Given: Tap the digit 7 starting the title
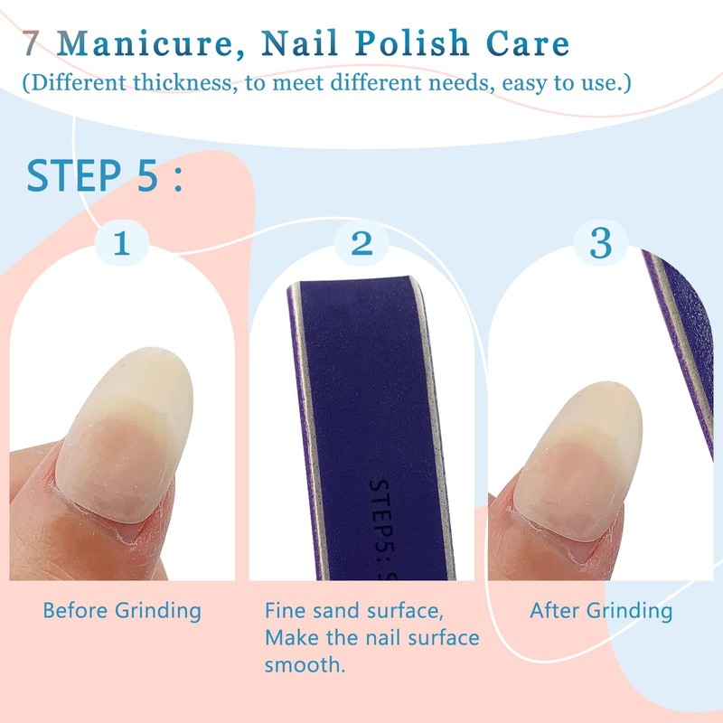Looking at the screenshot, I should pyautogui.click(x=33, y=44).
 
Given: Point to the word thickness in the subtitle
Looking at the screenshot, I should pyautogui.click(x=183, y=83).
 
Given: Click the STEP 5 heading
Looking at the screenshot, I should pyautogui.click(x=104, y=176).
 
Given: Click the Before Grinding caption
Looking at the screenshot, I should pyautogui.click(x=122, y=611).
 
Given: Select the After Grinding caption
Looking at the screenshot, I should pyautogui.click(x=601, y=611).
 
